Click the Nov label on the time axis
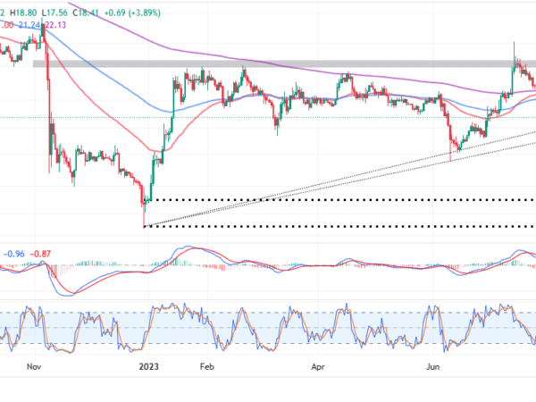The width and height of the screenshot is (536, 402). pyautogui.click(x=33, y=365)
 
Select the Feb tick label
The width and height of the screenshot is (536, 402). pyautogui.click(x=206, y=365)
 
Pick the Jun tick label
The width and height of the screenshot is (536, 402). pyautogui.click(x=433, y=365)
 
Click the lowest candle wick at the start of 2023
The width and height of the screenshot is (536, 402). pyautogui.click(x=143, y=225)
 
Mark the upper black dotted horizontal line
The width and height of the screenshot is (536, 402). pyautogui.click(x=339, y=199)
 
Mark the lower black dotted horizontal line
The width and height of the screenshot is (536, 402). pyautogui.click(x=339, y=226)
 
